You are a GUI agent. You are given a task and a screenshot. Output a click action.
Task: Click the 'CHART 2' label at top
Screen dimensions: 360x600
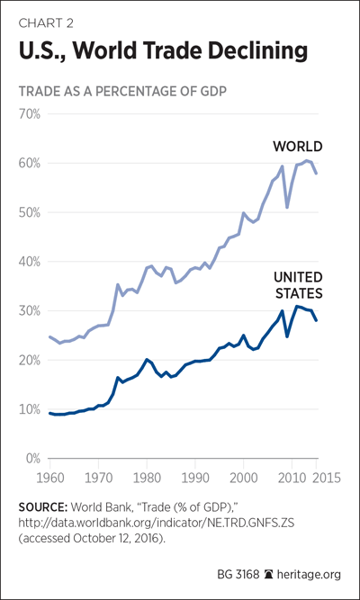click(x=46, y=23)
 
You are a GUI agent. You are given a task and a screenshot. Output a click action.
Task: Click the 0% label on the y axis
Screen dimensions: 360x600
click(x=32, y=458)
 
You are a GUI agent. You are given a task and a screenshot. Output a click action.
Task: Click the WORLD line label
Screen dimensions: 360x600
click(x=297, y=147)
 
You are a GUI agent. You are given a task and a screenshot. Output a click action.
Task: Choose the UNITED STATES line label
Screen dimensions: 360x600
click(x=299, y=285)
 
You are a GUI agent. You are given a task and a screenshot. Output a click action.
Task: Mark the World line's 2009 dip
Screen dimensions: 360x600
click(x=287, y=208)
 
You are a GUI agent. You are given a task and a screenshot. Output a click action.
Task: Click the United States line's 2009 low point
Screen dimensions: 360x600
click(x=287, y=336)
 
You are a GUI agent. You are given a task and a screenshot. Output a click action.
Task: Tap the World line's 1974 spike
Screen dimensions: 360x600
click(x=118, y=284)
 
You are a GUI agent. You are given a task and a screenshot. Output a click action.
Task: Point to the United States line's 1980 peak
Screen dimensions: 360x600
click(x=146, y=359)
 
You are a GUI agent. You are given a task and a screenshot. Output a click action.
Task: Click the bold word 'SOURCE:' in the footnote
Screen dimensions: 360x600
click(x=43, y=507)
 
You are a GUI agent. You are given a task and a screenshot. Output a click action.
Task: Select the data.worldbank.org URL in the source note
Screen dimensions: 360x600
click(x=157, y=524)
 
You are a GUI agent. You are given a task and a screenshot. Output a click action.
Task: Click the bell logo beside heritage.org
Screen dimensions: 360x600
click(x=268, y=575)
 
